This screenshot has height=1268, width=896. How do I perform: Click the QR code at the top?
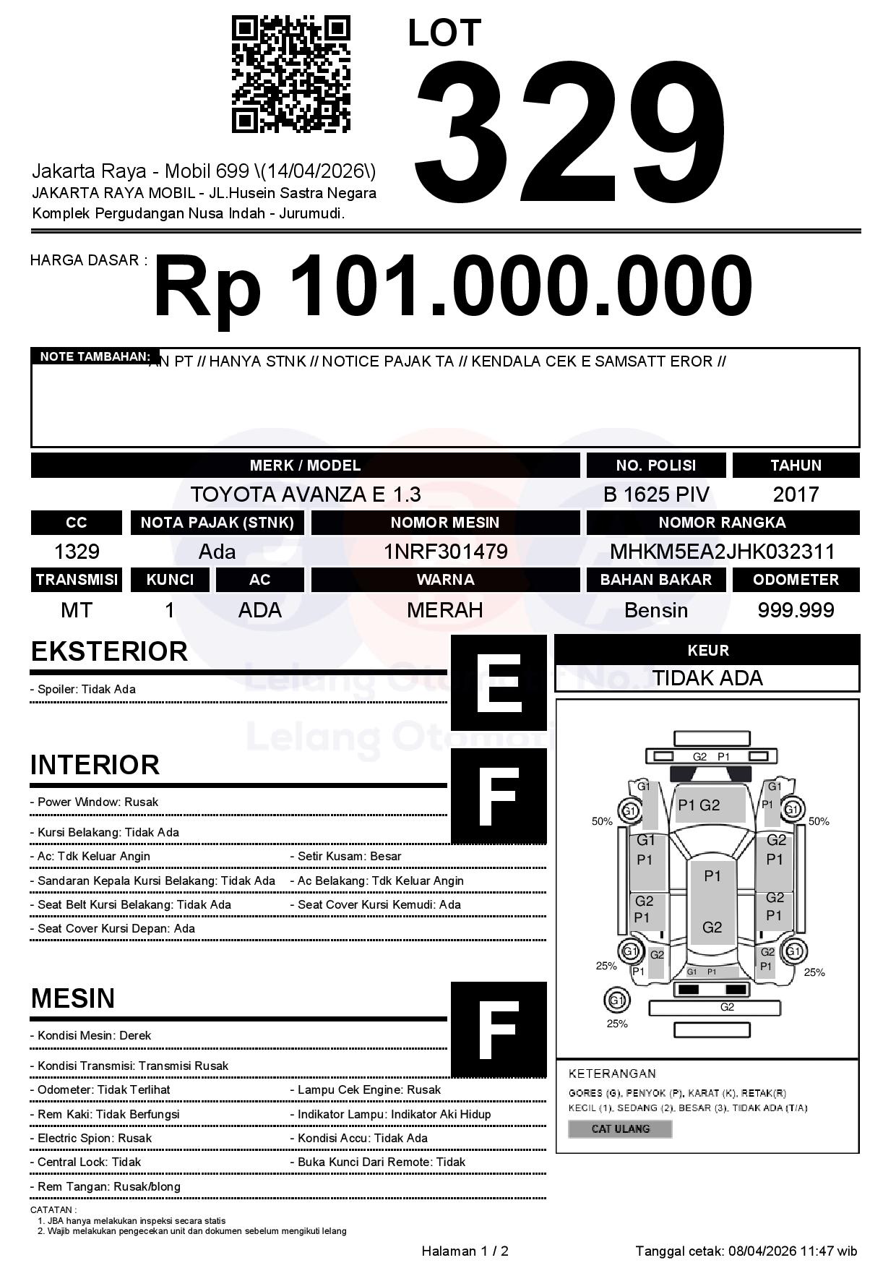coord(290,74)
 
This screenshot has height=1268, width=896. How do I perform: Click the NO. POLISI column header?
coord(655,466)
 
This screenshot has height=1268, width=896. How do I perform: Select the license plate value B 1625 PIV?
coord(656,494)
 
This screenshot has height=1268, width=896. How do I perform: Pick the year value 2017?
coord(796,494)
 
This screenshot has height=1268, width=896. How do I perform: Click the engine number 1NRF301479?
coord(445,552)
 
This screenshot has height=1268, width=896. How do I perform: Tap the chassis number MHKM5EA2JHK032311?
coord(722,552)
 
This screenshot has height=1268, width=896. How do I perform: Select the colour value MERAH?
coord(445,610)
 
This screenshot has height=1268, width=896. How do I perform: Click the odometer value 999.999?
coord(796,610)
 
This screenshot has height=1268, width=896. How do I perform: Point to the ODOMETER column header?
coord(796,580)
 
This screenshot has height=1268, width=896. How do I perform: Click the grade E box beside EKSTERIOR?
coord(499,682)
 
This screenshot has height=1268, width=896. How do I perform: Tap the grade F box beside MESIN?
coord(499,1029)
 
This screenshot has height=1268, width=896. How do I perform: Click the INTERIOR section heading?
coord(95,765)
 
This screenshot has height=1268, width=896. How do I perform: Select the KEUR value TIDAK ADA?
coord(707,678)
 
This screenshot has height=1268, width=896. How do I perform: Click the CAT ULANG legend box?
coord(620,1128)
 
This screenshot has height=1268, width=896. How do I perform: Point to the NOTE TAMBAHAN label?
coord(95,356)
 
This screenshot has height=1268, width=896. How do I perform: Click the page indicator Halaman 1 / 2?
coord(465,1251)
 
